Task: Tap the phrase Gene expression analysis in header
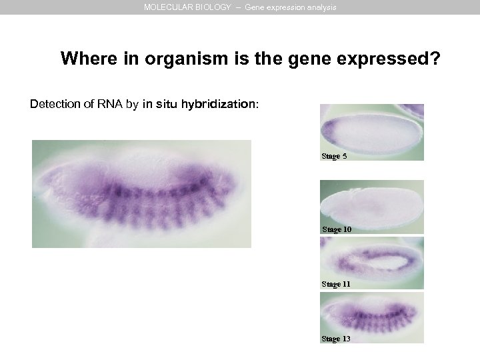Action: (291, 7)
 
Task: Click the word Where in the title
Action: (82, 59)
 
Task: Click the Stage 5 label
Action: (334, 157)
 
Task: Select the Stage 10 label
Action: (337, 229)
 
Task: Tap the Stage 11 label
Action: (337, 284)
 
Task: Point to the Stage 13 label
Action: (336, 339)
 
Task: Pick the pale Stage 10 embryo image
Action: (371, 203)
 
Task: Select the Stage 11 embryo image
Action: (371, 260)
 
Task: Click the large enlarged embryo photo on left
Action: (141, 193)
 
